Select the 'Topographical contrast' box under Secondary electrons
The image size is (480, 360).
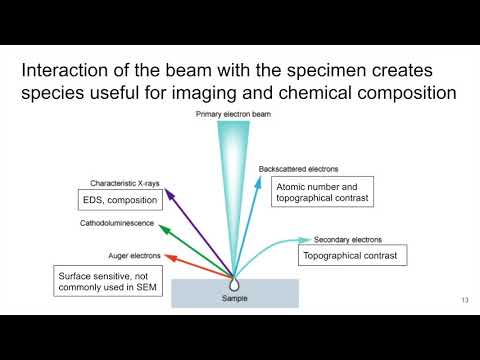coord(352,256)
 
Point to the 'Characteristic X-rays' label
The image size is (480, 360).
coord(125,184)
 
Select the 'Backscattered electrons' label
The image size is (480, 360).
coord(298,169)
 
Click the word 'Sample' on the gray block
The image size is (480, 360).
coord(234,299)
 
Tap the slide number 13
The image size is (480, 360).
coord(464,301)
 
